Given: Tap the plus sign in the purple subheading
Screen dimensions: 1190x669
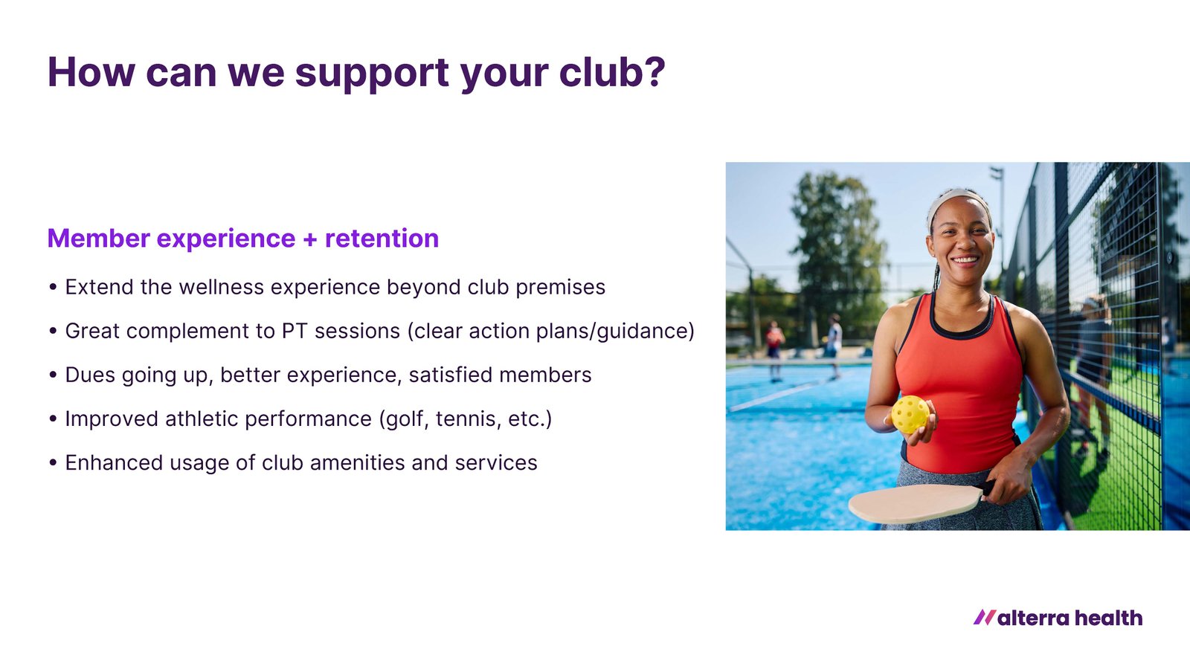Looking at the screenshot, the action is tap(309, 239).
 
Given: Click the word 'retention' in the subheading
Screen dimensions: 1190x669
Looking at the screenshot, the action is tap(382, 238).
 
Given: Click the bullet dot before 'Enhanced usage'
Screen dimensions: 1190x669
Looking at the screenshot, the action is tap(53, 463).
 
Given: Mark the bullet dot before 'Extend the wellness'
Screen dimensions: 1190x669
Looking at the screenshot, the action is tap(53, 287).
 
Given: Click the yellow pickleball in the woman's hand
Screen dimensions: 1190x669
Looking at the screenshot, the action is tap(910, 414).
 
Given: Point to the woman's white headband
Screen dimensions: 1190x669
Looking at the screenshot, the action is tap(956, 201).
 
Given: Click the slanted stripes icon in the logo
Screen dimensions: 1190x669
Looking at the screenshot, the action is tap(985, 617).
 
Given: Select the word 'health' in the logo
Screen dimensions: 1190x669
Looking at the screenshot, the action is tap(1109, 618).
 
